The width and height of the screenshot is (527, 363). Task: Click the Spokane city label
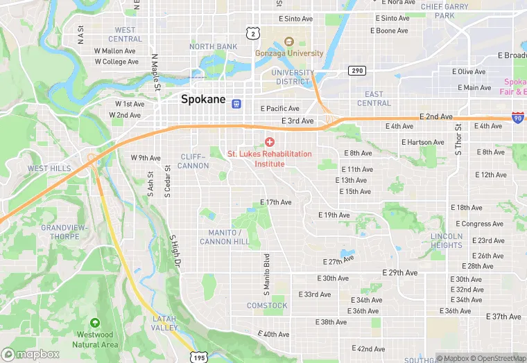coord(203,99)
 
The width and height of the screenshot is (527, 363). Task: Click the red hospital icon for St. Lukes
coord(269,142)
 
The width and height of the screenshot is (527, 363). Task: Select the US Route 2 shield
coord(254,33)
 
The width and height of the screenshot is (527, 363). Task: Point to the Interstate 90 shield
coord(517,118)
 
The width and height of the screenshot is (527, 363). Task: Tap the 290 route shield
coord(357,71)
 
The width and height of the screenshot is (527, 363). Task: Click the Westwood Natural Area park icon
coord(95,324)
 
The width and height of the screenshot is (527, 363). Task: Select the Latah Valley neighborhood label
coord(165,323)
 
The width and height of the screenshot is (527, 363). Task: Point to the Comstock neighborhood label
coord(267,306)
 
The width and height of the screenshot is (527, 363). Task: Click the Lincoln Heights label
coord(446,240)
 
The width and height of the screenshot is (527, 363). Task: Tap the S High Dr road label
coord(175,251)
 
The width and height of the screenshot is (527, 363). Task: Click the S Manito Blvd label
coord(266,269)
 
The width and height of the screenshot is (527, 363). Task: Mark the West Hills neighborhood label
coord(49,168)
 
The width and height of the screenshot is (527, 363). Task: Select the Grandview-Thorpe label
coord(64,231)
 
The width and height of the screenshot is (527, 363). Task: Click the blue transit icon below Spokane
coord(236,104)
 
